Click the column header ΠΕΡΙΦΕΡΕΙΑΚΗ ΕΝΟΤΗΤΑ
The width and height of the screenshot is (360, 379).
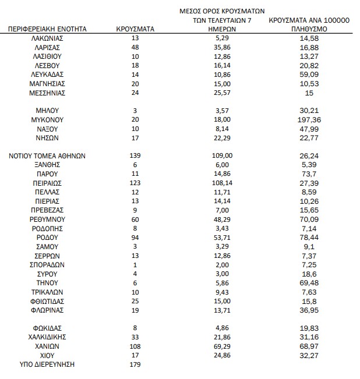coord(48,28)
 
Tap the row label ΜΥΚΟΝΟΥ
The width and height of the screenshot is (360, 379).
coord(48,119)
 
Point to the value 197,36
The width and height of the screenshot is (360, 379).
coord(309,119)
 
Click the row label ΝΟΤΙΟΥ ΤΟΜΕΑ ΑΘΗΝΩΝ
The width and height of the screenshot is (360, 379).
coord(48,155)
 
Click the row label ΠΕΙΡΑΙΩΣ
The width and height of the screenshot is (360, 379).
coord(48,183)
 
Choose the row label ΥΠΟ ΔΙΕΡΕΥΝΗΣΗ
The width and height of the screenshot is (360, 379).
coord(48,364)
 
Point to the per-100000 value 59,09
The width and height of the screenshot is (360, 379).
coord(309,75)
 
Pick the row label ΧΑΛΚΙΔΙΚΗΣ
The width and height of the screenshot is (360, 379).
coord(48,337)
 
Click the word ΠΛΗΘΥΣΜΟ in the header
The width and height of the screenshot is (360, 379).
coord(309,28)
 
